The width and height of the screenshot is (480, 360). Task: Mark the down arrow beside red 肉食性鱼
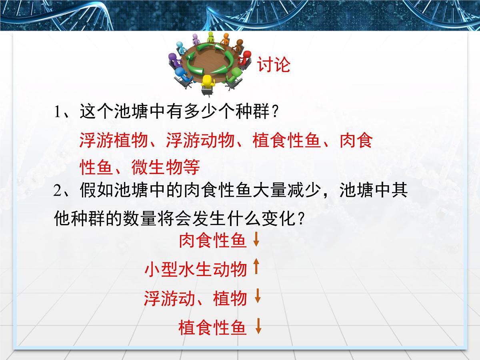tap(257, 240)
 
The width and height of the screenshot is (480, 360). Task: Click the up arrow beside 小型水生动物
tap(257, 267)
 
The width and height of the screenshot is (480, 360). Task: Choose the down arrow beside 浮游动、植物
tap(258, 296)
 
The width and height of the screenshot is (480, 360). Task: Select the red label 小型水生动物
tap(196, 270)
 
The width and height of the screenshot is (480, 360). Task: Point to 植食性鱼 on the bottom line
tap(212, 328)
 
